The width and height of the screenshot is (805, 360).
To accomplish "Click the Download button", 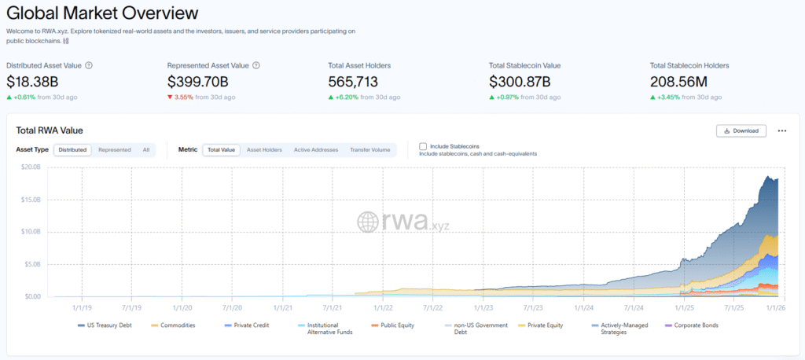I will (741, 130).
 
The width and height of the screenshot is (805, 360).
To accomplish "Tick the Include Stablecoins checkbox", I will (423, 146).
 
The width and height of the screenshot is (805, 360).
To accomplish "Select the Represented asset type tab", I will (115, 149).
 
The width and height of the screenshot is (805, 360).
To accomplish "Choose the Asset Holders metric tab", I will (264, 149).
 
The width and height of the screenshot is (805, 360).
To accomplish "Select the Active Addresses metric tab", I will (316, 149).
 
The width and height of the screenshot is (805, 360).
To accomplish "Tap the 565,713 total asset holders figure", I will (358, 81).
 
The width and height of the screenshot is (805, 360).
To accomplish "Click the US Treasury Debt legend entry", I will (108, 325).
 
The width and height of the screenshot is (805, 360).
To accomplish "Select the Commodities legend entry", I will (178, 325).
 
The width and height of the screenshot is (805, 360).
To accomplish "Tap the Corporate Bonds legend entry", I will (695, 325).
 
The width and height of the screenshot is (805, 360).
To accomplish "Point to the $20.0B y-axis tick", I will (31, 167).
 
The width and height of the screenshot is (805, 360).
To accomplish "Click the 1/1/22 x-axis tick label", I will (382, 309).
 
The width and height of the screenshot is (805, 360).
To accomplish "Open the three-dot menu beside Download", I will (782, 130).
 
